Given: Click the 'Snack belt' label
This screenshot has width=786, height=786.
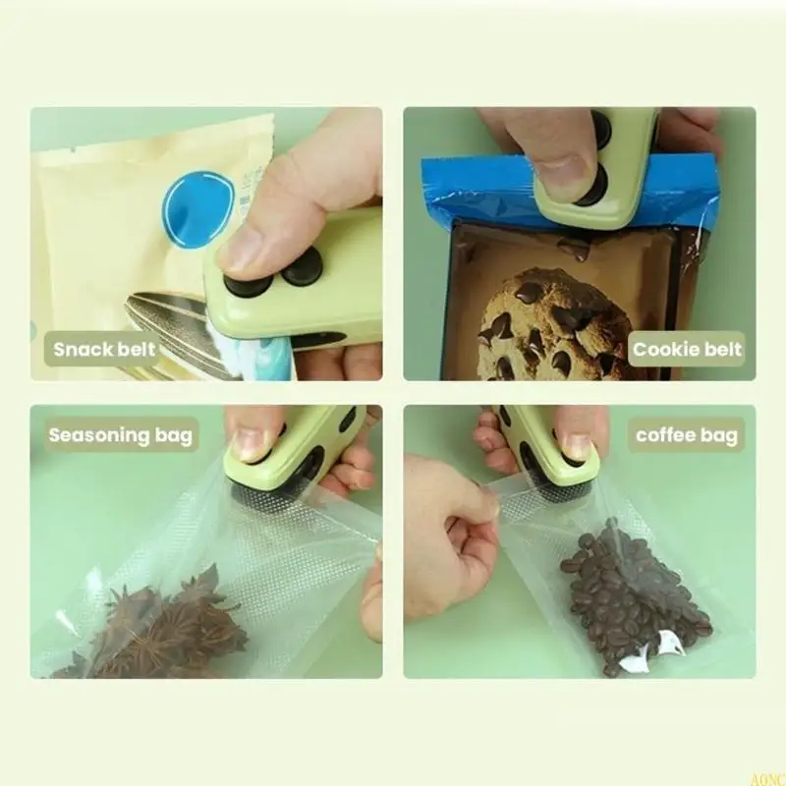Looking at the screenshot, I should pos(104,349).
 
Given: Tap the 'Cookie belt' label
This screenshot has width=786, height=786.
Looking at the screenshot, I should pos(688,349).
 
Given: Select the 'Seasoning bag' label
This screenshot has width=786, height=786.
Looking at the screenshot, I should pos(120,434).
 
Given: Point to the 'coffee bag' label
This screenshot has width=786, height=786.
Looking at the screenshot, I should pos(687,433).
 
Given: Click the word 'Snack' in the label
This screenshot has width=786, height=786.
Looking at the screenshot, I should pos(83,349).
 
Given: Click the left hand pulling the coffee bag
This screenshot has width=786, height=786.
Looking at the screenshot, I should pos(447,531).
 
